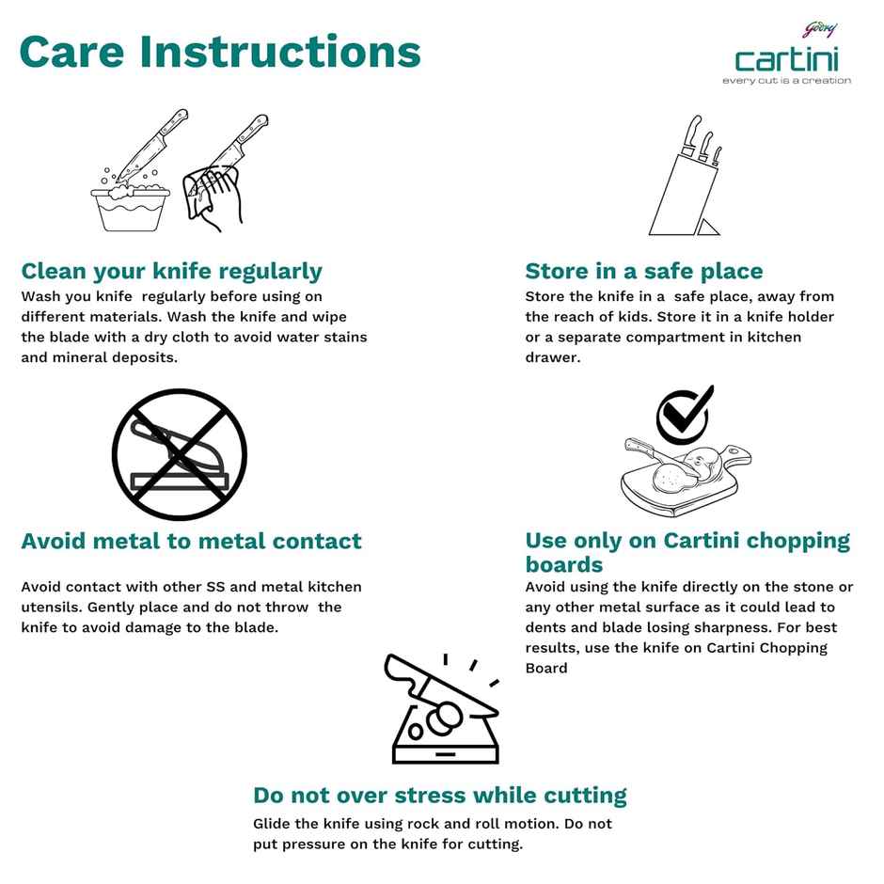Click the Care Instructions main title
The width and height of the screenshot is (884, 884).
point(220,52)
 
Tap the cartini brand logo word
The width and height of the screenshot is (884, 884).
point(786,59)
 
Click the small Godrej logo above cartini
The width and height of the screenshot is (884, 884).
point(820,29)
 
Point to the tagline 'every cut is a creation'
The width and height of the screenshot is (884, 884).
point(786,81)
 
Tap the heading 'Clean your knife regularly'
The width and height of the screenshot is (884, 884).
point(171,272)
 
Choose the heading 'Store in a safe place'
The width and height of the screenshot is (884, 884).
point(644,271)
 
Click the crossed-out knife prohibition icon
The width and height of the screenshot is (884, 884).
point(180,454)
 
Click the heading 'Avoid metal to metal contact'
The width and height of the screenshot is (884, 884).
point(191,542)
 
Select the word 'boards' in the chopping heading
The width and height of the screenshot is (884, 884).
point(563,565)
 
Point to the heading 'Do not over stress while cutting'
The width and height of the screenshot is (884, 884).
point(440,796)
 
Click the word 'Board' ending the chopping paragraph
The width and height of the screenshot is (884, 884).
point(546,668)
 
